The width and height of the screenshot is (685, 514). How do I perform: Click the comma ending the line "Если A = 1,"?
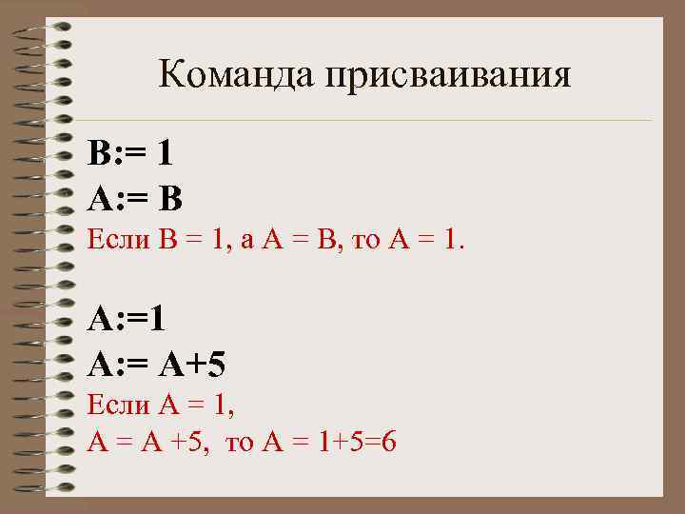pos(231,414)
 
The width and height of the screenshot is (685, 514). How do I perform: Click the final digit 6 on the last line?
pos(388,442)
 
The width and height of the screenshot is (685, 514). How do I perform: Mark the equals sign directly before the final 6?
pos(370,443)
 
